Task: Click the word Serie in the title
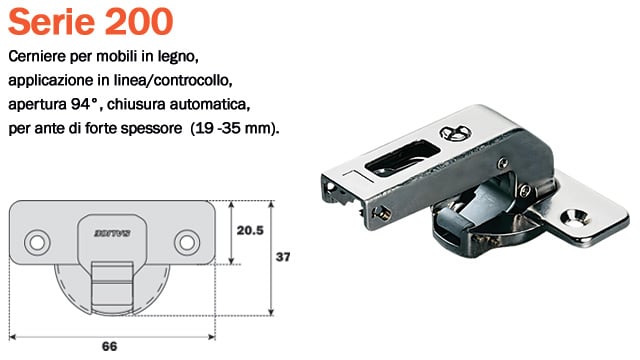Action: click(x=51, y=19)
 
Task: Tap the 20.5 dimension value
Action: click(x=250, y=230)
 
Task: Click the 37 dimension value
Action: click(x=283, y=257)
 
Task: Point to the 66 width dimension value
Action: click(x=110, y=346)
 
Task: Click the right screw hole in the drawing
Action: click(x=184, y=241)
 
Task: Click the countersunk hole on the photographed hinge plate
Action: click(x=575, y=213)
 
